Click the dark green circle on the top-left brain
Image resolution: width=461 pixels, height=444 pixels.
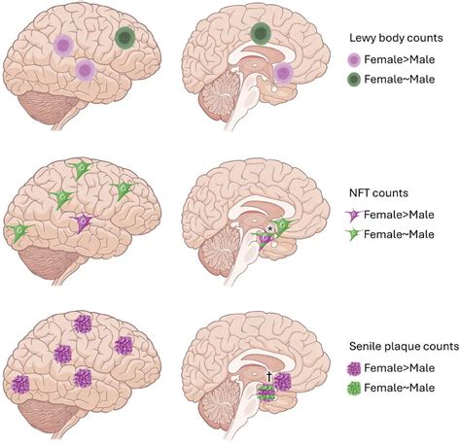(125, 39)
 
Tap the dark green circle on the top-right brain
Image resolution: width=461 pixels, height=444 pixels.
(260, 35)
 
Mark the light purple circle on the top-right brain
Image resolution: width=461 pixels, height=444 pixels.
(284, 75)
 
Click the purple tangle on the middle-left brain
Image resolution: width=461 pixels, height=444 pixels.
(86, 222)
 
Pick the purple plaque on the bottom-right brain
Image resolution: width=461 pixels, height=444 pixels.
(284, 383)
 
